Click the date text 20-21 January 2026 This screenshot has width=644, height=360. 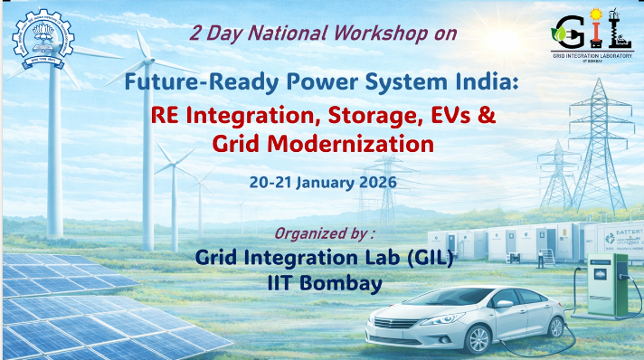322,181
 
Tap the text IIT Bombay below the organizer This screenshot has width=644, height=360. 324,282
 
